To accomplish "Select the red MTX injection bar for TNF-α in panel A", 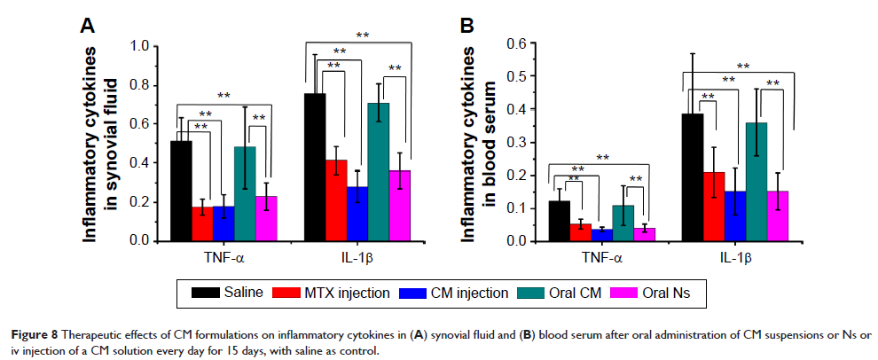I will click(x=202, y=223).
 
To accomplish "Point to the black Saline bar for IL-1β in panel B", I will click(x=693, y=177).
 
